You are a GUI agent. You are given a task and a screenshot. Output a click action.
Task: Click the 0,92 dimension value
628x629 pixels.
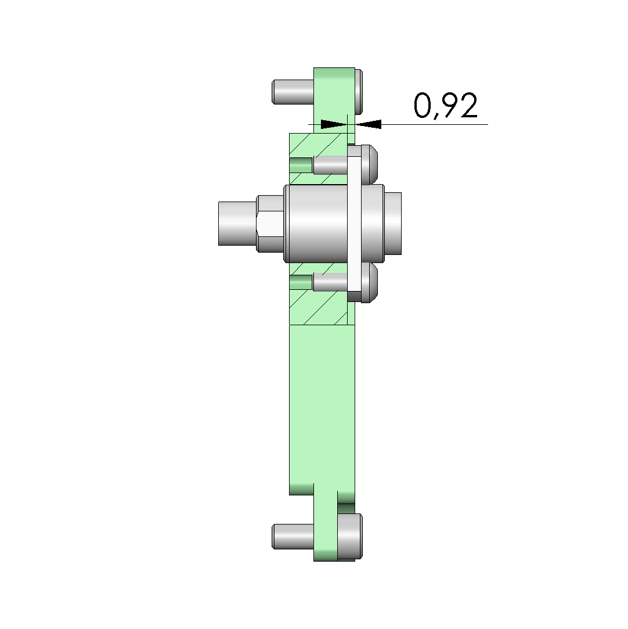pyautogui.click(x=445, y=106)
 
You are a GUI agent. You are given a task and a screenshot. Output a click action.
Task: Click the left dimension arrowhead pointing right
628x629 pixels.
pyautogui.click(x=334, y=124)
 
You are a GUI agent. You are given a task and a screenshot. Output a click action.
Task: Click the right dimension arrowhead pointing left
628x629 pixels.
pyautogui.click(x=369, y=124)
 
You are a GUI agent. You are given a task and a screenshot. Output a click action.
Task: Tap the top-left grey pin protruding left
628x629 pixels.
pyautogui.click(x=293, y=92)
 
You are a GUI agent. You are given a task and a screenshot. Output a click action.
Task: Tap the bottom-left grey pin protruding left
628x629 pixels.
pyautogui.click(x=293, y=536)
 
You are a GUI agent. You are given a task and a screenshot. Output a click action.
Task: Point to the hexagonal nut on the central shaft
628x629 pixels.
pyautogui.click(x=270, y=224)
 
